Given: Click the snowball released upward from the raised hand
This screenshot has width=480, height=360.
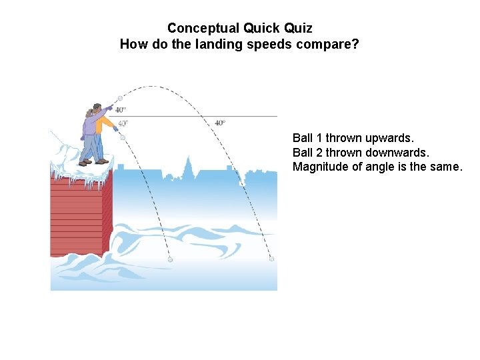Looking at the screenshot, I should click(121, 98).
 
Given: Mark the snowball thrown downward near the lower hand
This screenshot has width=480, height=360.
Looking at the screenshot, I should click(123, 137).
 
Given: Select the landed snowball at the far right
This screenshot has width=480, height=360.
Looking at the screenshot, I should click(271, 259).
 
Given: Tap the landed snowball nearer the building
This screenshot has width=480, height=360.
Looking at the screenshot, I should click(170, 259).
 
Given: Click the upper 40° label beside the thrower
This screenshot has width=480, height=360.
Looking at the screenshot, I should click(121, 110).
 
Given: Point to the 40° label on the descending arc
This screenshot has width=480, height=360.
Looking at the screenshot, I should click(220, 123).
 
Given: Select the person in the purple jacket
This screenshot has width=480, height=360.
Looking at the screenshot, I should click(89, 133).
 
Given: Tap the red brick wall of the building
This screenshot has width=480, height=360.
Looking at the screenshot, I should click(77, 213).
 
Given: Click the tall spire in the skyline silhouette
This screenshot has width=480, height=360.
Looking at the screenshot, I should click(189, 164).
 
